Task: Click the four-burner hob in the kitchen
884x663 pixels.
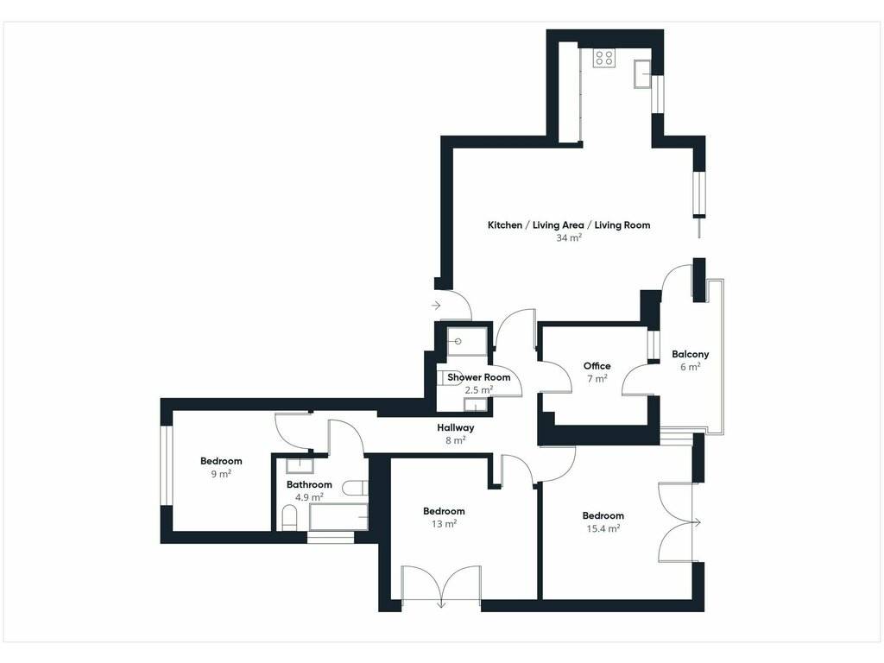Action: (x=603, y=58)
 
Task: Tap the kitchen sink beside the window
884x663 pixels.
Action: (x=642, y=74)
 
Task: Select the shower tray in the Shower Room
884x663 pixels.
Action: (x=467, y=342)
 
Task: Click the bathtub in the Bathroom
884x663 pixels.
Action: (x=338, y=517)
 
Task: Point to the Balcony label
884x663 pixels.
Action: (x=690, y=355)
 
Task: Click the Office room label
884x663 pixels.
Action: (x=597, y=366)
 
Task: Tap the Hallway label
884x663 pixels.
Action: (x=456, y=428)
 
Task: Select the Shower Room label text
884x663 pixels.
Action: (x=478, y=377)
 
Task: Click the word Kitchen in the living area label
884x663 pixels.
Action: (x=504, y=225)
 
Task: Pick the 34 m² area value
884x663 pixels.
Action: (x=569, y=238)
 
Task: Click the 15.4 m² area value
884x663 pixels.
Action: (x=603, y=529)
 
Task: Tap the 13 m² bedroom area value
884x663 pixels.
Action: (x=444, y=524)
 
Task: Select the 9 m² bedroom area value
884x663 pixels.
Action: (x=221, y=474)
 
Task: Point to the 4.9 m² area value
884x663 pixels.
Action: (x=309, y=497)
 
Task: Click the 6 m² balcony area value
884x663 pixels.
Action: (x=690, y=367)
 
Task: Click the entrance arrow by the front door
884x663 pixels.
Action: (x=436, y=306)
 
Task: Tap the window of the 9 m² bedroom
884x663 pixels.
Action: (x=166, y=465)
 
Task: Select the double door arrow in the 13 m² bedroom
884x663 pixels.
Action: (x=441, y=603)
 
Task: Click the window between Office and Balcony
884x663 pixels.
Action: (x=653, y=345)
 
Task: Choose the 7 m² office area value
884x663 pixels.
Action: (x=597, y=379)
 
